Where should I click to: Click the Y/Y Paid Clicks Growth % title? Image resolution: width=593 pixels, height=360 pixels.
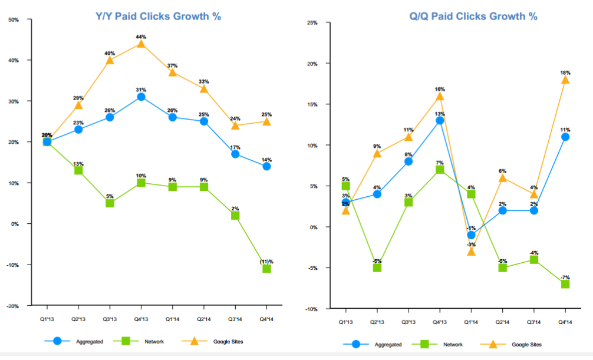(159, 16)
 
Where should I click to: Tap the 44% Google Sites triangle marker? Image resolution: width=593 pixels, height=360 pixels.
(141, 44)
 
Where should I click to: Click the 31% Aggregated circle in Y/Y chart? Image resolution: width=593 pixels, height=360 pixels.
(141, 97)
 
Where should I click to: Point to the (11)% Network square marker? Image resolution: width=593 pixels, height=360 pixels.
(266, 269)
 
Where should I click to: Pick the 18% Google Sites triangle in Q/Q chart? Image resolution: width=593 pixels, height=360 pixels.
(565, 80)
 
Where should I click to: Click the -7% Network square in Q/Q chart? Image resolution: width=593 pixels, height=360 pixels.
(565, 284)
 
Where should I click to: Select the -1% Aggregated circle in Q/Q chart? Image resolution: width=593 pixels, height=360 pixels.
(471, 235)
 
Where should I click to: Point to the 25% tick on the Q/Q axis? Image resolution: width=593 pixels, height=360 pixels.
(312, 23)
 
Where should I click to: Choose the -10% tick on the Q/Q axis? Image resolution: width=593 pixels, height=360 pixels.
(311, 309)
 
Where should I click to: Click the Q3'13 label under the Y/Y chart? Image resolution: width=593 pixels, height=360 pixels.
(109, 319)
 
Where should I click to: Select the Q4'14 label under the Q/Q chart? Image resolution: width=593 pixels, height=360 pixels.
(565, 322)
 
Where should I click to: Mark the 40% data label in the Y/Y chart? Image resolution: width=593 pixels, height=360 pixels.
(110, 53)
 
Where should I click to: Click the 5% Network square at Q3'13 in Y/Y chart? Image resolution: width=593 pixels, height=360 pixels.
(110, 203)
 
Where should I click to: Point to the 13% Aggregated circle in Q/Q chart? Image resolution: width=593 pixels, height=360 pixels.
(439, 120)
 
